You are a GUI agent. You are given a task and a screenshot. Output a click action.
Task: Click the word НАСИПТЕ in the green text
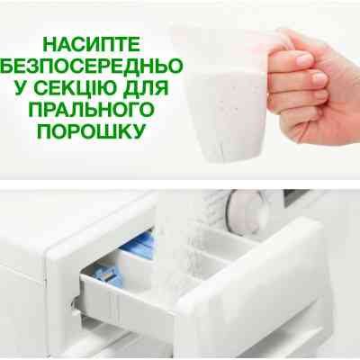100,42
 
